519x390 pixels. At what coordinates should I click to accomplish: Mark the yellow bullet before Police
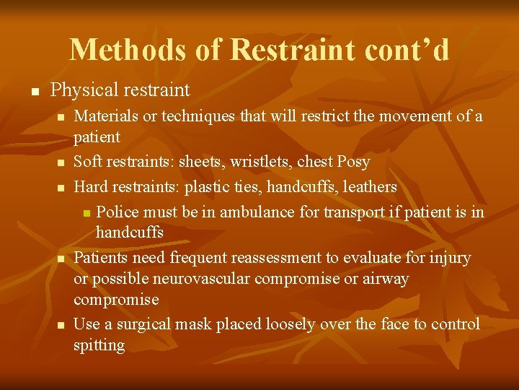click(86, 213)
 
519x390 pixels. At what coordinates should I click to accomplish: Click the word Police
click(117, 212)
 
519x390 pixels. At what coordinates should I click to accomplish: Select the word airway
click(385, 279)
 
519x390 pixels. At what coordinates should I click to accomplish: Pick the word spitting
click(99, 345)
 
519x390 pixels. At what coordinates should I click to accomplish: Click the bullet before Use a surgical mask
click(63, 326)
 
